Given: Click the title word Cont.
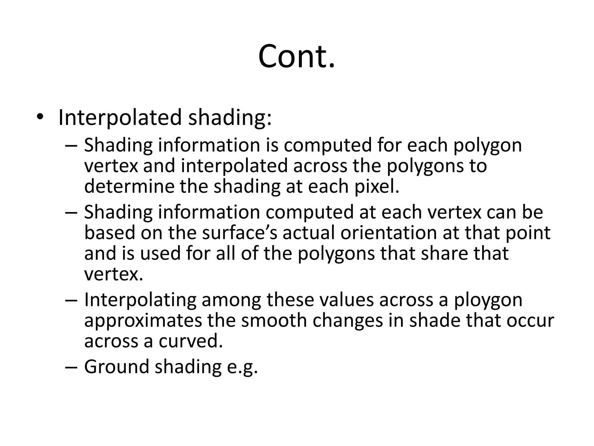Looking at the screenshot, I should pos(296,56).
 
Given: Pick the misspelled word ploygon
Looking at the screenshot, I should pos(488,300).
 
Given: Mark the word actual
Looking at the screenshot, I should pos(309,233).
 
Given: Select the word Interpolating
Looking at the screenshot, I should pos(140,300).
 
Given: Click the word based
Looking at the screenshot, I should pos(110,233).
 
